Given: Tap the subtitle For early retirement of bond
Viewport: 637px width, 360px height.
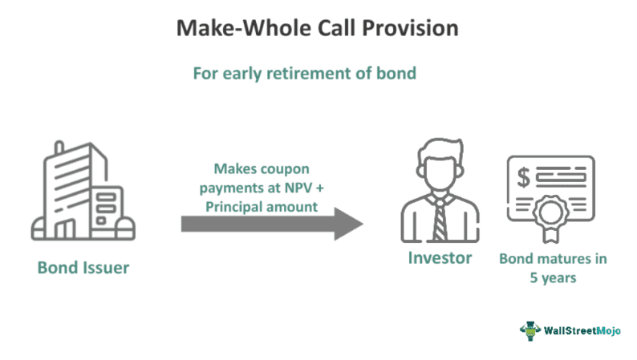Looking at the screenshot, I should tap(304, 73).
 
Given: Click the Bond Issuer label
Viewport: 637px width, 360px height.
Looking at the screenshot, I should tap(83, 268).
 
